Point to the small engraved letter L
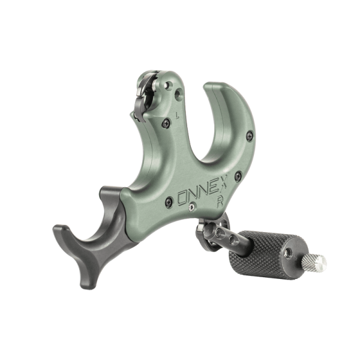[x=177, y=115]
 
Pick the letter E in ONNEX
[x=212, y=188]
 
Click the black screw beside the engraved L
[x=166, y=124]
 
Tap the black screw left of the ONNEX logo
[x=169, y=202]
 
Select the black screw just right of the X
[x=238, y=176]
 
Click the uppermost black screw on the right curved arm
[x=250, y=136]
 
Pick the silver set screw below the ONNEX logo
[x=191, y=208]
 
